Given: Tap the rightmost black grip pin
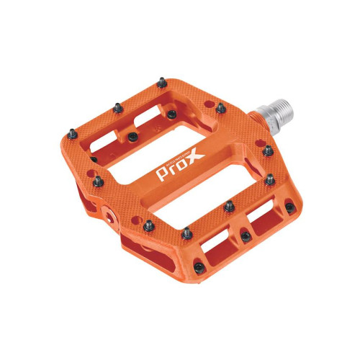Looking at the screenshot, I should tap(289, 207).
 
